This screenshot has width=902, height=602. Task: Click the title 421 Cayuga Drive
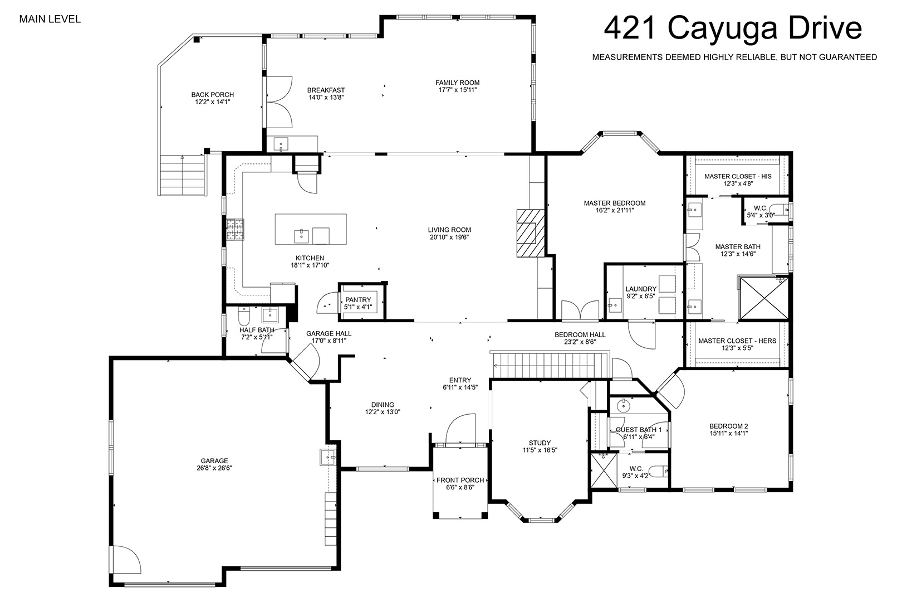point(733,28)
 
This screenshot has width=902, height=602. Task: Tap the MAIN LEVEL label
point(50,19)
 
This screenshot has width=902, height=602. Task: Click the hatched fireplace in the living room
point(531,233)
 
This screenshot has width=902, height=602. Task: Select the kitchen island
point(311,229)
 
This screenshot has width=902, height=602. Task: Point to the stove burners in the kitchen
point(235,230)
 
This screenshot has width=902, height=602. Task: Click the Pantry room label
point(358,299)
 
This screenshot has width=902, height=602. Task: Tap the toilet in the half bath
point(244,317)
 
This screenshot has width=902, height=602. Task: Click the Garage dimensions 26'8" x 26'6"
point(214,468)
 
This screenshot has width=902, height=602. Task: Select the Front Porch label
point(460,480)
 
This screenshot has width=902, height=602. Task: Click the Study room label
point(540,443)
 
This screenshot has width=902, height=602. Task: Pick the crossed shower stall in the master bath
point(764,298)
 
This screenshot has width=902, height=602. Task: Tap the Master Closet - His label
point(738,176)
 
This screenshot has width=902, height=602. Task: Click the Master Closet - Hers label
point(737,341)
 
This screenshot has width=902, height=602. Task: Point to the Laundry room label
point(641,289)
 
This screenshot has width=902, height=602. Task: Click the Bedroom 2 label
point(728,426)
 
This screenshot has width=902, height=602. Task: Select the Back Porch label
point(213,95)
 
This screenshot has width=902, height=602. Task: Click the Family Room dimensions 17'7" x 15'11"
point(458,90)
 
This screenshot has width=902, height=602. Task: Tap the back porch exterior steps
point(183,175)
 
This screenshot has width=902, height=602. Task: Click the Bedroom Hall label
point(580,334)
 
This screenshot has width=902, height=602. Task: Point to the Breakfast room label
point(326,90)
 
